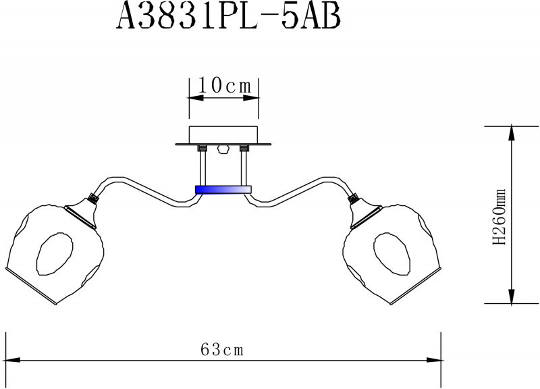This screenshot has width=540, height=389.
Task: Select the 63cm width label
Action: coord(222,350)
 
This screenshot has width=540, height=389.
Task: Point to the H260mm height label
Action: coord(500,216)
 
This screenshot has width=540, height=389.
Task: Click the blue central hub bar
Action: coord(223,190)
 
